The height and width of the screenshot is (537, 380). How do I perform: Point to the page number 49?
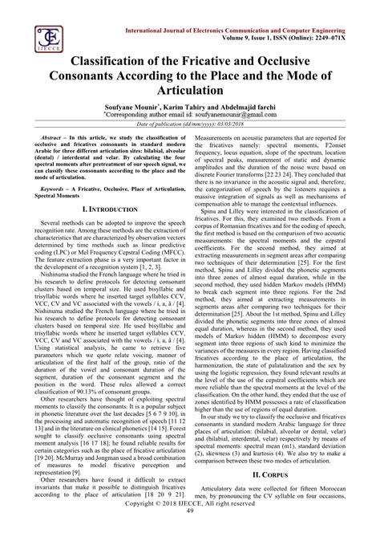click(190, 531)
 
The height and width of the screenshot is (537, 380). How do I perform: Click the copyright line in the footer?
click(190, 522)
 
